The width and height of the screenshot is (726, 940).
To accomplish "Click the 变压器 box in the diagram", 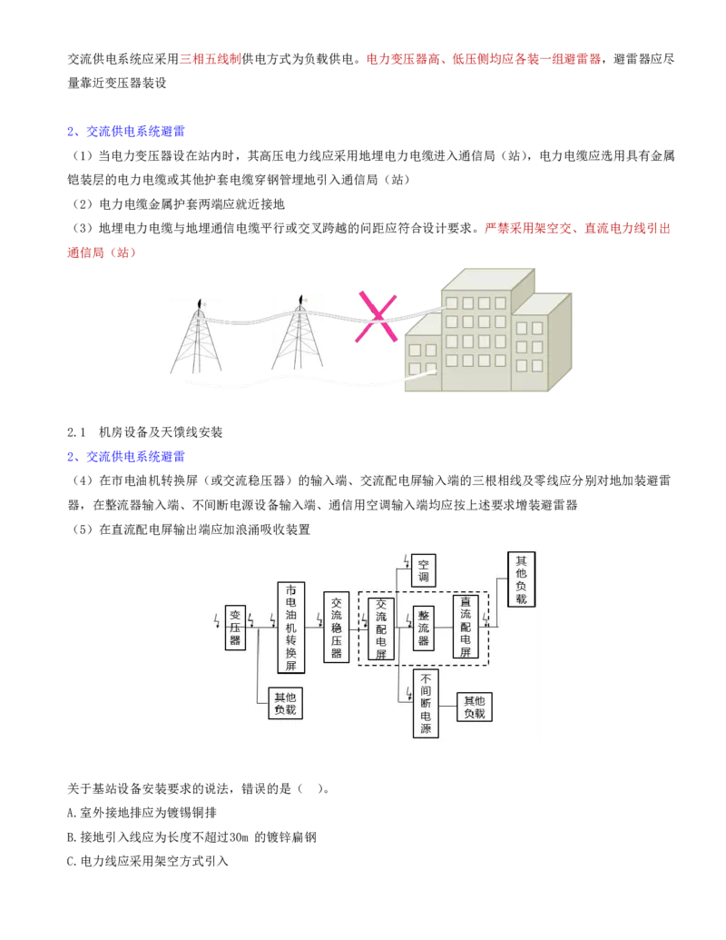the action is pyautogui.click(x=235, y=627).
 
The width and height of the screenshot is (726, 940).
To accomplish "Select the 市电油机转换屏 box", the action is pyautogui.click(x=290, y=627).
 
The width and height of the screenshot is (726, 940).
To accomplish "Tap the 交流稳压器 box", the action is pyautogui.click(x=336, y=627).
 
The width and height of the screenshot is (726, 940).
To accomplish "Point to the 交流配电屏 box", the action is pyautogui.click(x=381, y=628).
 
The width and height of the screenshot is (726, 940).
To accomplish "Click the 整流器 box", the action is pyautogui.click(x=424, y=628).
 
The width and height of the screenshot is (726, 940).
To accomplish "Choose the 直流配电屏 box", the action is pyautogui.click(x=466, y=627).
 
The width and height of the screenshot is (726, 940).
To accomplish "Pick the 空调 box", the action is pyautogui.click(x=424, y=570).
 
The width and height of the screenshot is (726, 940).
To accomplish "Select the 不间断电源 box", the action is pyautogui.click(x=426, y=703).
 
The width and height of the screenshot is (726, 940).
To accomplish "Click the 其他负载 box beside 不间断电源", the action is pyautogui.click(x=475, y=707).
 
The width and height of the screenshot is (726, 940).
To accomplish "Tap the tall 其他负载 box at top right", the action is pyautogui.click(x=521, y=579).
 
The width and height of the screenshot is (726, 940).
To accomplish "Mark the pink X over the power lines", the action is pyautogui.click(x=377, y=317).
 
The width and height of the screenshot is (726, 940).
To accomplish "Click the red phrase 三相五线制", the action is pyautogui.click(x=211, y=59).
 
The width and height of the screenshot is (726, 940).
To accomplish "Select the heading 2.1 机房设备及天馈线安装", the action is pyautogui.click(x=144, y=432).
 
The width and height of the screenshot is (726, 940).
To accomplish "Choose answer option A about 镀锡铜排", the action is pyautogui.click(x=142, y=813).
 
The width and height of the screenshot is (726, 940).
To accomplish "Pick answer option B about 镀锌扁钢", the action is pyautogui.click(x=191, y=837).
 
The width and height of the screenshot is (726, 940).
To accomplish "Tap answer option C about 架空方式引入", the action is pyautogui.click(x=148, y=862).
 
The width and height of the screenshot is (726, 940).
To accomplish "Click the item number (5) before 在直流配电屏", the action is pyautogui.click(x=83, y=529).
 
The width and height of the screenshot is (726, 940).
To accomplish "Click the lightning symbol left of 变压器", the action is pyautogui.click(x=216, y=620).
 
